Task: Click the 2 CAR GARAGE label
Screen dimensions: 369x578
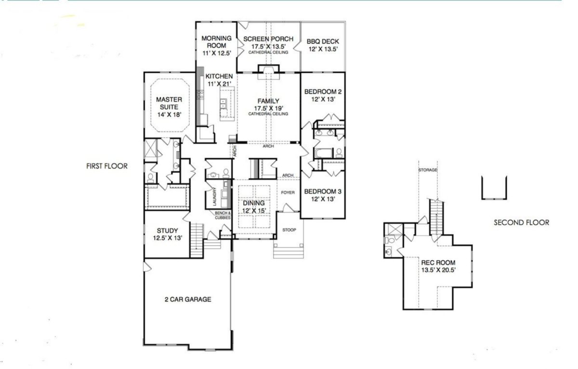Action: pyautogui.click(x=187, y=299)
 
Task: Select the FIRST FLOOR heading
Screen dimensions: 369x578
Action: pyautogui.click(x=107, y=166)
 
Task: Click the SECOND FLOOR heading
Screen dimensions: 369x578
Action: pyautogui.click(x=521, y=223)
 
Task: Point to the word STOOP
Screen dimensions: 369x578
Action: pyautogui.click(x=289, y=229)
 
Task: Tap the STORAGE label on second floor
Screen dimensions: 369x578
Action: pyautogui.click(x=427, y=170)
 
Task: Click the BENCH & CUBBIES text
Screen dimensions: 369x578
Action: pyautogui.click(x=223, y=215)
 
